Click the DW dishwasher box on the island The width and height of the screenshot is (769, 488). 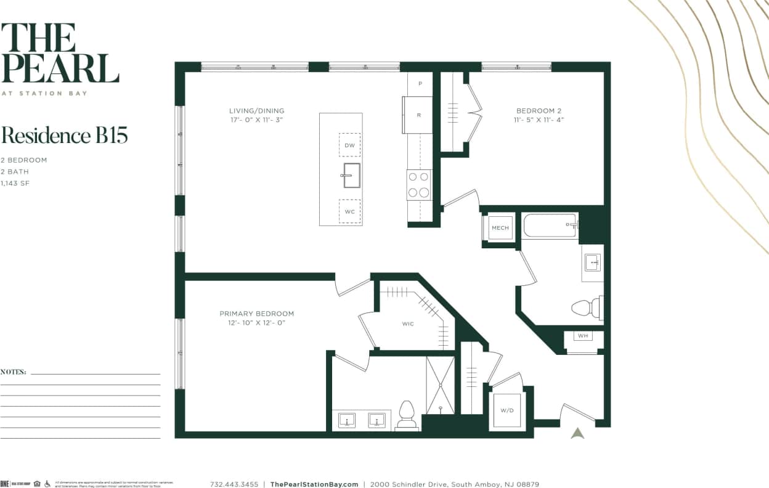coord(349,145)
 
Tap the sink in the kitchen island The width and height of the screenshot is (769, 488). coord(351,175)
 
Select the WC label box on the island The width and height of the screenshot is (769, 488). coord(349,211)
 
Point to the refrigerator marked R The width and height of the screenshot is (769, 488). coord(418,115)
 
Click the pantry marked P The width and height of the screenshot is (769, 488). coord(420,83)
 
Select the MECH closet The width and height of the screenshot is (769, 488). coord(500,228)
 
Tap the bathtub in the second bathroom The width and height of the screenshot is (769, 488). coord(550,226)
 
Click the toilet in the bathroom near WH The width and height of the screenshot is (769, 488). coord(585,307)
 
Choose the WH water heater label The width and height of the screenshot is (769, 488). coord(582,336)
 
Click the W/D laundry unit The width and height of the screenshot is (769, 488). coord(507,411)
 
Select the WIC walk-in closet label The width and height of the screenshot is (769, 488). coord(408,324)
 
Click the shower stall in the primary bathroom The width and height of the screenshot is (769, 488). coord(440,384)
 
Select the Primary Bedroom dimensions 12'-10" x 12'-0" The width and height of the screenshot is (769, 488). coord(256,322)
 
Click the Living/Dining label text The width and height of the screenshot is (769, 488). coord(256,111)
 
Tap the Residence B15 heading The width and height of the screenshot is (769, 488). coord(64,135)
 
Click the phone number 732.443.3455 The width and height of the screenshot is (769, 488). coord(234,484)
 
